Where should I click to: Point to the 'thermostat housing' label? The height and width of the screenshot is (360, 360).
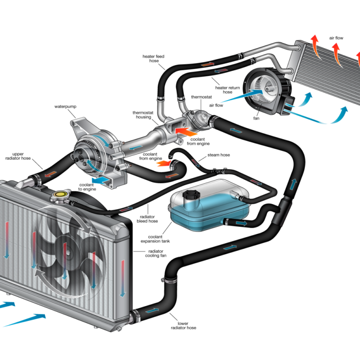pyautogui.click(x=142, y=115)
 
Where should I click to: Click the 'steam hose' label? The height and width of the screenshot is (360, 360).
pyautogui.click(x=219, y=155)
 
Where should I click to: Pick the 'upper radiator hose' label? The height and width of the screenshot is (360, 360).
pyautogui.click(x=18, y=156)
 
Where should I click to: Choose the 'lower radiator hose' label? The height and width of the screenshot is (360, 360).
pyautogui.click(x=183, y=325)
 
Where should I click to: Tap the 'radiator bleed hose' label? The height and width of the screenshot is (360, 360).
pyautogui.click(x=148, y=219)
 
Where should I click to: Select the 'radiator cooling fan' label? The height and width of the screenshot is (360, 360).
pyautogui.click(x=155, y=253)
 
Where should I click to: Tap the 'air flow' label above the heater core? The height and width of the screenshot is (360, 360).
pyautogui.click(x=336, y=38)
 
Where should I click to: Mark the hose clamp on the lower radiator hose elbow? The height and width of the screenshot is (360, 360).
pyautogui.click(x=171, y=280)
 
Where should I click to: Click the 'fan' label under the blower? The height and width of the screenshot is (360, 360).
pyautogui.click(x=257, y=118)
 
